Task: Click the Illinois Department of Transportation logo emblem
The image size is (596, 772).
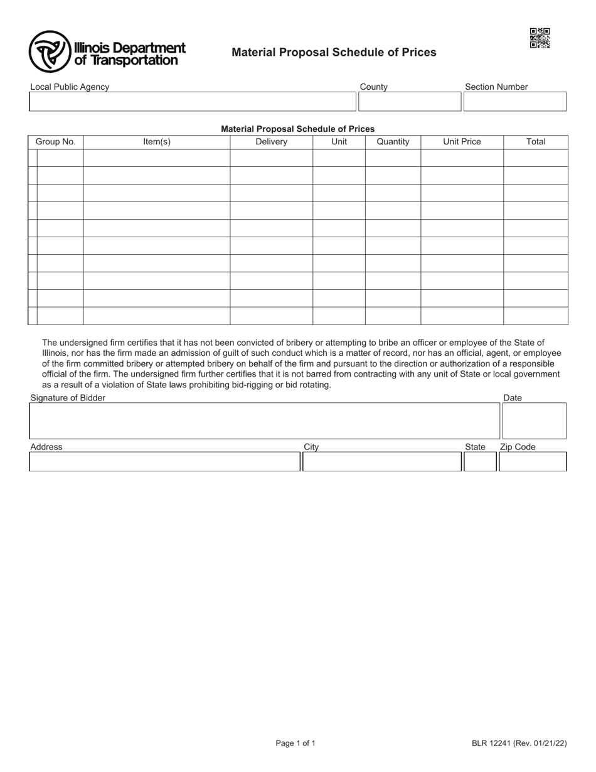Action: tap(50, 51)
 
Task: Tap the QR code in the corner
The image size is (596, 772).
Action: tap(540, 38)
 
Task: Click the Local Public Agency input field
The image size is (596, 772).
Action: tap(192, 102)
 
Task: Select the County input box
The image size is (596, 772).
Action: tap(409, 102)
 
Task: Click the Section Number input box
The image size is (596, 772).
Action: tap(514, 102)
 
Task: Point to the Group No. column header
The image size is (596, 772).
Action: tap(55, 142)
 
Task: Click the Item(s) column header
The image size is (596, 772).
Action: tap(157, 142)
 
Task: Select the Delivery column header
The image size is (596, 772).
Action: tap(271, 142)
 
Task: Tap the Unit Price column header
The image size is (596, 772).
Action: tap(462, 142)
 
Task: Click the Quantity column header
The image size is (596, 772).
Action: tap(393, 142)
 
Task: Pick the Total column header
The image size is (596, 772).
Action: tap(536, 142)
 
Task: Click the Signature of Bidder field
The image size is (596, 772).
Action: tap(264, 421)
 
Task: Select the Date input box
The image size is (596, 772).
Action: tap(534, 421)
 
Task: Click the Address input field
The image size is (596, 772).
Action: tap(165, 462)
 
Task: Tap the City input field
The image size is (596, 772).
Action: tap(382, 462)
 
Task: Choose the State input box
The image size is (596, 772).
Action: tap(480, 462)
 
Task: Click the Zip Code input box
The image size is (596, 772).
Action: tap(533, 462)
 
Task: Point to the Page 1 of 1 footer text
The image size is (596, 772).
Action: tap(295, 744)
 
